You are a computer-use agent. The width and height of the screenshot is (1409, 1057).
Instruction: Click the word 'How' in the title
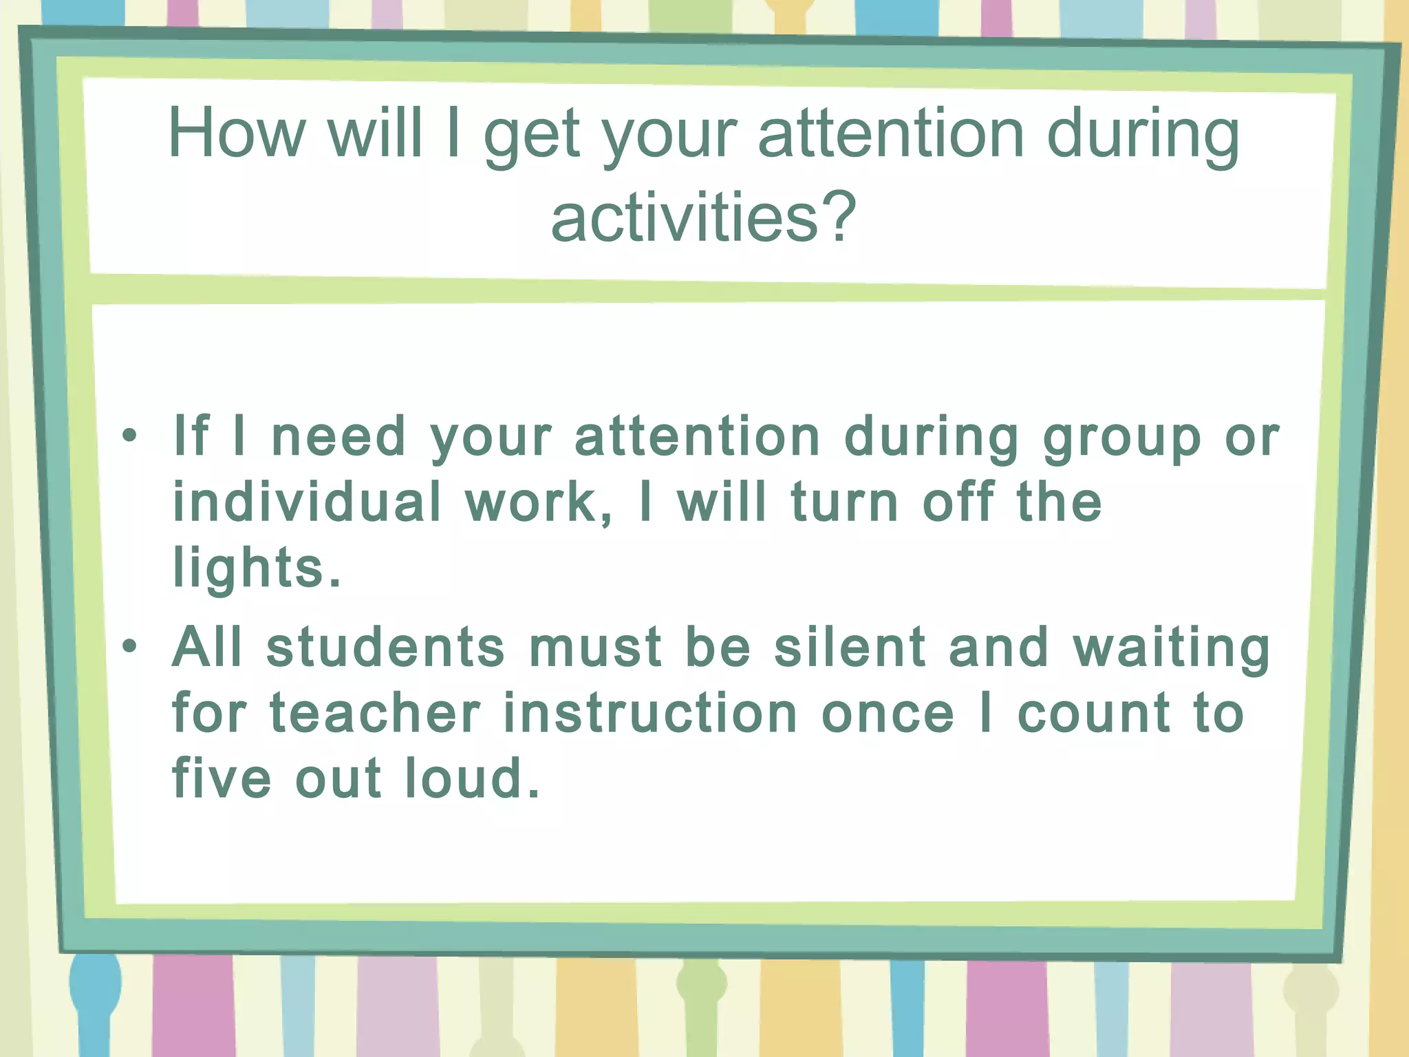pos(236,134)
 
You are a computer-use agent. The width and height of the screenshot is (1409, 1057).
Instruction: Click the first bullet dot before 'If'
pos(129,436)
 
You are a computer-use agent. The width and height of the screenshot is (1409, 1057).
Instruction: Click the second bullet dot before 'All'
pos(129,646)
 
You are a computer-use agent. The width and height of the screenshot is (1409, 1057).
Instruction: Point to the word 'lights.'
pos(257,568)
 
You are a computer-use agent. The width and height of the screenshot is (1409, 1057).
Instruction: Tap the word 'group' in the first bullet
pos(1122,438)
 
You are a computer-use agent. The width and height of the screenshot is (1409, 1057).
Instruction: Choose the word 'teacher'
pos(375,713)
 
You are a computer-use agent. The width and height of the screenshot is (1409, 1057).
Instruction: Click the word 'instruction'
pos(651,713)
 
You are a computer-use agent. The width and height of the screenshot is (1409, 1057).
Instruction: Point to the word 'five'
pos(222,778)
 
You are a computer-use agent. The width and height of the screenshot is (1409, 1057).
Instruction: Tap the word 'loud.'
pos(472,778)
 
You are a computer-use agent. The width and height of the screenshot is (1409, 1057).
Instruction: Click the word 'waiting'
pos(1171,648)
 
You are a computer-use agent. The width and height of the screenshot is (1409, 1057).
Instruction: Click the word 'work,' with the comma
pos(539,502)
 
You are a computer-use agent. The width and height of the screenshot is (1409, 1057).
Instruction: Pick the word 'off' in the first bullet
pos(958,502)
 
